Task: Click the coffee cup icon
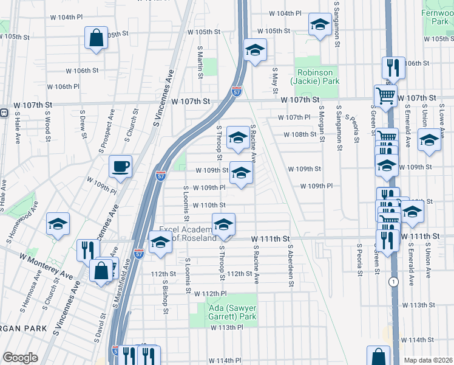click(120, 166)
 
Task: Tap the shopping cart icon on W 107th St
click(385, 95)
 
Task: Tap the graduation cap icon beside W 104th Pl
click(319, 24)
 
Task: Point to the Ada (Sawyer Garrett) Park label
click(232, 312)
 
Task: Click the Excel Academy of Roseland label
click(187, 234)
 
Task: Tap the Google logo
click(20, 358)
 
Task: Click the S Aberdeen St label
click(291, 260)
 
